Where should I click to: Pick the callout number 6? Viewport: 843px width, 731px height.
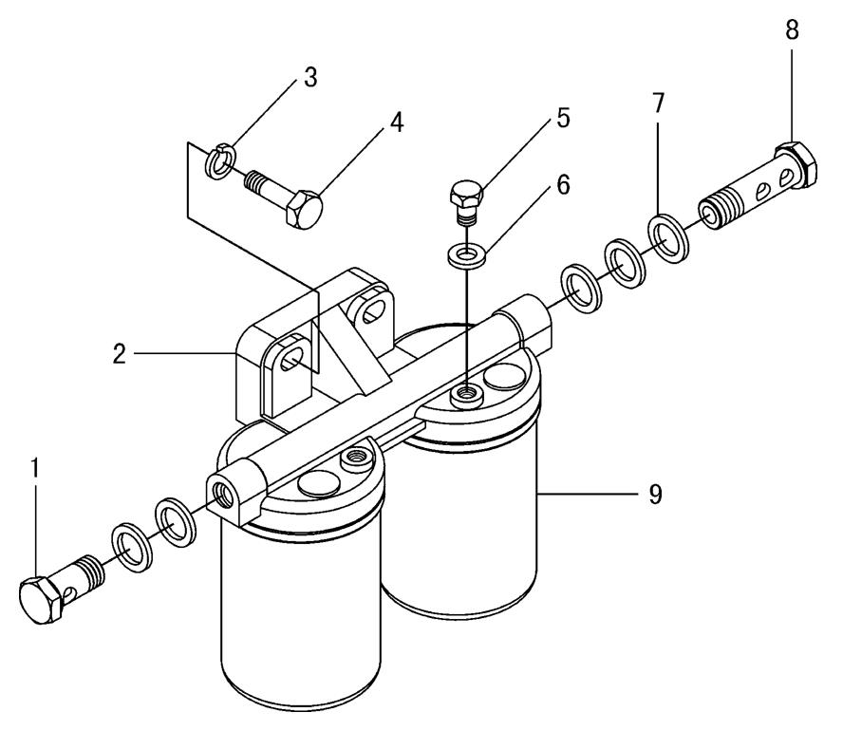[x=563, y=184]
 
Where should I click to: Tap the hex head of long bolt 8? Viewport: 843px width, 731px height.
[x=795, y=163]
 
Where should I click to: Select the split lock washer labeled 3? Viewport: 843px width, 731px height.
[x=219, y=164]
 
